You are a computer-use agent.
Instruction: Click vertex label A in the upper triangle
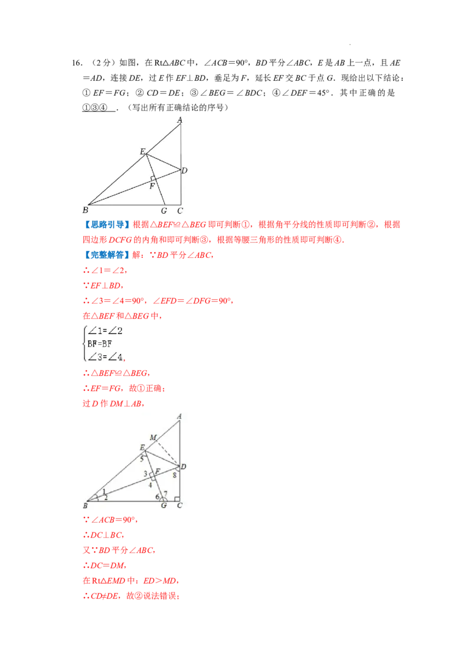point(179,120)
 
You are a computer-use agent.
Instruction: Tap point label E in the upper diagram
point(142,152)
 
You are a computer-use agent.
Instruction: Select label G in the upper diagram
point(163,211)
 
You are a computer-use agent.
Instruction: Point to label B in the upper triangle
point(85,210)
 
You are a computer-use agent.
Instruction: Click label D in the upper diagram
point(184,171)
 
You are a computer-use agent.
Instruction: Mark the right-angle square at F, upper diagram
point(153,178)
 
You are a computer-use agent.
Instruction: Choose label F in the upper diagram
point(152,186)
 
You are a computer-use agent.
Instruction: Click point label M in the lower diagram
point(153,437)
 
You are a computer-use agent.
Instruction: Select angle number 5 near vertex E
point(142,458)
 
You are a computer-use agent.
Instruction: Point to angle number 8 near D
point(175,474)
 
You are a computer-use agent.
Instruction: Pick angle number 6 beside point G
point(157,496)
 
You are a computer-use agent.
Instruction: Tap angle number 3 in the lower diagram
point(145,474)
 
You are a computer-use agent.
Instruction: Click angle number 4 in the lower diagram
point(150,485)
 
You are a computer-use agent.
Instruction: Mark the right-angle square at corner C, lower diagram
point(177,499)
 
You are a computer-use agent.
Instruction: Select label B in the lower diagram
point(85,506)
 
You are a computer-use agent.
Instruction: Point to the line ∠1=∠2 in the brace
point(104,331)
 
